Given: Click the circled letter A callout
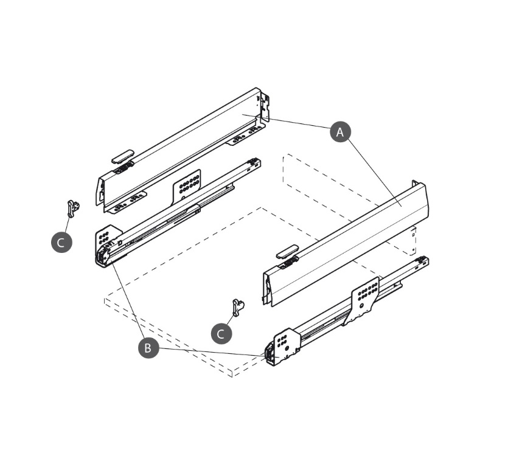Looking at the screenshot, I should point(341,131).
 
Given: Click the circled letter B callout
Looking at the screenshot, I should point(147,348).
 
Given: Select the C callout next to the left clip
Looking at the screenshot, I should point(61,242).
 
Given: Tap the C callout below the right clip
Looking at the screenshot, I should point(221,333).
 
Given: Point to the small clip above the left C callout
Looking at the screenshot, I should point(73,207).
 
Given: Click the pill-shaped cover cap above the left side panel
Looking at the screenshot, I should point(122,154).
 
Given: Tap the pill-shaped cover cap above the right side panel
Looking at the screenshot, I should point(287,251).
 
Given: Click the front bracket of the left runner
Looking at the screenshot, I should point(106,245).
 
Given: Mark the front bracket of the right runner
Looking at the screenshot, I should point(281,347).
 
